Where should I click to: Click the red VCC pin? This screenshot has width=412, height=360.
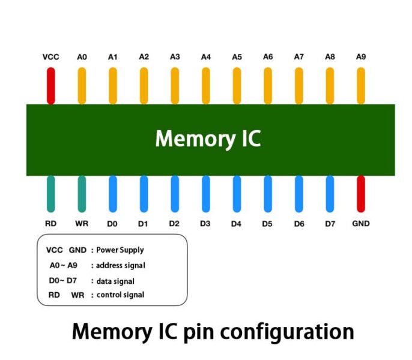[x=50, y=86]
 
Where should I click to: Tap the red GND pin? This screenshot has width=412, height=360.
[x=361, y=194]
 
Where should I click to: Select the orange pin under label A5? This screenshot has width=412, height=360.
[x=237, y=86]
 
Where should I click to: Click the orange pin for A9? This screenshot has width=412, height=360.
[x=361, y=86]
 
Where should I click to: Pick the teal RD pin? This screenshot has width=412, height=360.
[x=50, y=194]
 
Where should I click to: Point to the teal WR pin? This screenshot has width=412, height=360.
[x=82, y=194]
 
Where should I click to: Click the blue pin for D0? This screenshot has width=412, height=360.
[x=112, y=194]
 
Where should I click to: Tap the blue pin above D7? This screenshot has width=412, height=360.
[x=330, y=194]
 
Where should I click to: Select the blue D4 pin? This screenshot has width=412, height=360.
[x=237, y=194]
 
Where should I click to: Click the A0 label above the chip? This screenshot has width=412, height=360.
[x=82, y=57]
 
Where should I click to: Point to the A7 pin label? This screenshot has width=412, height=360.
[x=298, y=57]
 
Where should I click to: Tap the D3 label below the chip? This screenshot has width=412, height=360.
[x=205, y=224]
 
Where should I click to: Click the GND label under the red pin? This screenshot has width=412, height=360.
[x=361, y=224]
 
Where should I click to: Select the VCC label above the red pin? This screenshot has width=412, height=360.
[x=50, y=57]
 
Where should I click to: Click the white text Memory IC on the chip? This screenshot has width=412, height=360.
[x=208, y=139]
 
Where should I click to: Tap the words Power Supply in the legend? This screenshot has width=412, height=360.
[x=120, y=250]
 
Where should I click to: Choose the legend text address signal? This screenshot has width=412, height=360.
[x=121, y=265]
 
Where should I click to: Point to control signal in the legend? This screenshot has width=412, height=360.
[x=120, y=295]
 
